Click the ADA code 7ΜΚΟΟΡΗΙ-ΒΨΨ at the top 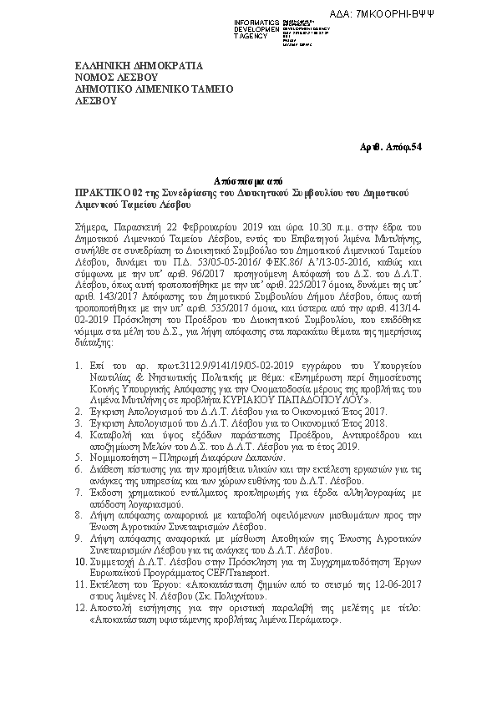pyautogui.click(x=448, y=14)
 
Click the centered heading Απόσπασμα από pyautogui.click(x=248, y=180)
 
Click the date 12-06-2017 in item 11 pyautogui.click(x=400, y=586)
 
